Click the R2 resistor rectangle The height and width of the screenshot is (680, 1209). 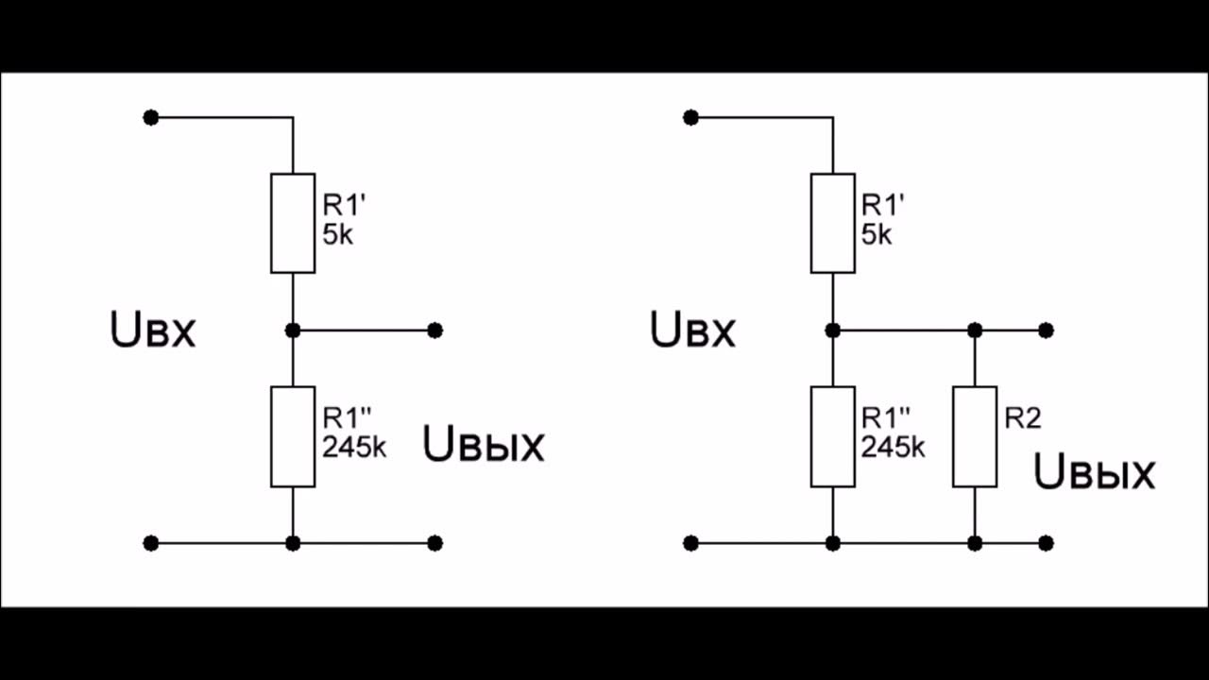(x=975, y=436)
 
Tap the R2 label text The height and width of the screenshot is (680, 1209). (x=1022, y=418)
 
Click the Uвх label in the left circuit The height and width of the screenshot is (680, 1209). (x=153, y=331)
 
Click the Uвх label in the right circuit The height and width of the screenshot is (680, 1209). (x=692, y=331)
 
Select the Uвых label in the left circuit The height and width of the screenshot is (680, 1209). (x=484, y=445)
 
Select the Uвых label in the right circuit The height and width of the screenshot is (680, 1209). (x=1095, y=472)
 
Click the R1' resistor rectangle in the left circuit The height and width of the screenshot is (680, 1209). (x=293, y=223)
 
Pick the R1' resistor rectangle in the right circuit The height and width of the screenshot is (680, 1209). (x=833, y=223)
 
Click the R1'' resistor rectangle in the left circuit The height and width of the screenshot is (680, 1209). (x=293, y=436)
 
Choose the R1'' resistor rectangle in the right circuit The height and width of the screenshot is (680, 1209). (x=833, y=436)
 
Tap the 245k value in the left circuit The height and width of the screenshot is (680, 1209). (x=354, y=449)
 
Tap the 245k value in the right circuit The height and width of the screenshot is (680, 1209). (x=894, y=449)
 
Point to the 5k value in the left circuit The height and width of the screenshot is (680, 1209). (x=337, y=235)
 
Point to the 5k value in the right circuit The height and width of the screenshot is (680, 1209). (x=877, y=235)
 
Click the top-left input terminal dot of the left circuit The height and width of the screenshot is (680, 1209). (x=150, y=117)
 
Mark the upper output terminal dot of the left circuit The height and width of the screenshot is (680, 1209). (x=434, y=330)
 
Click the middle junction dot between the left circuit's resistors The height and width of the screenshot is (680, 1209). (x=293, y=330)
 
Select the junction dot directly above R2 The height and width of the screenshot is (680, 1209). (x=975, y=330)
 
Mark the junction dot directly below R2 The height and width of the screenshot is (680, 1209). (x=975, y=543)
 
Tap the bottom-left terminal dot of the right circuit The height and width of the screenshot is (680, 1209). (x=690, y=543)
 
